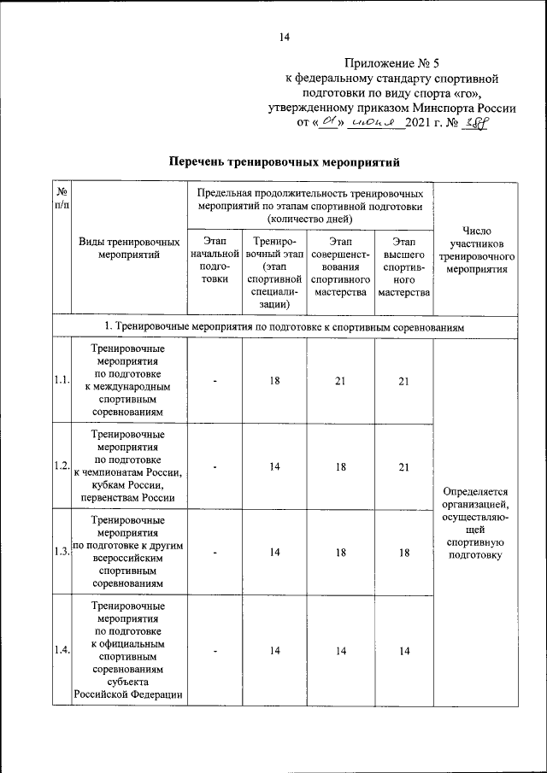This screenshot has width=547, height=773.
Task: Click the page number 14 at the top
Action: [x=284, y=37]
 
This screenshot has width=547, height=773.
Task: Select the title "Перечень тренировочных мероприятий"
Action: [x=284, y=161]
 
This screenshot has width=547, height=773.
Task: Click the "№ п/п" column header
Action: [x=62, y=199]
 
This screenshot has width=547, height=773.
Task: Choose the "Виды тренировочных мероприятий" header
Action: [x=129, y=249]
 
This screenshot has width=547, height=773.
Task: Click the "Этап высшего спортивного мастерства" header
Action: [x=404, y=267]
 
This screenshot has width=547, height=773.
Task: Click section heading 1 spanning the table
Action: [x=284, y=327]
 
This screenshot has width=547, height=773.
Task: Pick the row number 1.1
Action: [x=61, y=381]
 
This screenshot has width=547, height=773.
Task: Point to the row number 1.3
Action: [x=61, y=552]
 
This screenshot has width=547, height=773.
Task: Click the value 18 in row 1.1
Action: [x=274, y=381]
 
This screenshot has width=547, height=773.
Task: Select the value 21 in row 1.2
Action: [x=404, y=466]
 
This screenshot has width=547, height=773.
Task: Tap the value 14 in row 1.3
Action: [x=274, y=552]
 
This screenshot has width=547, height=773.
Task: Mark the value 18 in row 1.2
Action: [x=339, y=466]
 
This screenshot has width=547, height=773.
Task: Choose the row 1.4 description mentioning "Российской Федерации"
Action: [x=129, y=694]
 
